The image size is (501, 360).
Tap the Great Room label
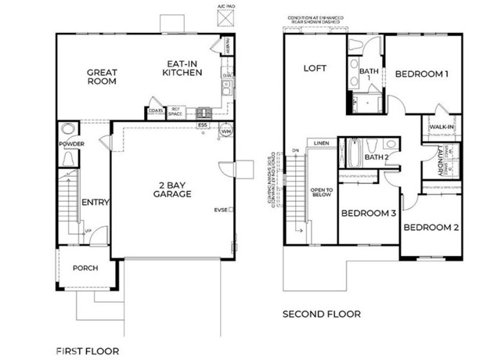pyautogui.click(x=101, y=76)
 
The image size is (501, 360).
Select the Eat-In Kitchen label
pyautogui.click(x=182, y=68)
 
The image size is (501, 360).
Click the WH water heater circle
pyautogui.click(x=226, y=131)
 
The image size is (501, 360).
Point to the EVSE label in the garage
pyautogui.click(x=221, y=210)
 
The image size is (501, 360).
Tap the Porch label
pyautogui.click(x=85, y=268)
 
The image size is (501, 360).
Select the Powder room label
pyautogui.click(x=70, y=144)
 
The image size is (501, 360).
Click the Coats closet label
pyautogui.click(x=156, y=111)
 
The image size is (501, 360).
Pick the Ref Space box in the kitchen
pyautogui.click(x=177, y=112)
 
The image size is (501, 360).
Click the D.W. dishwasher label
pyautogui.click(x=225, y=75)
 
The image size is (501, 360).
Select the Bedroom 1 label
pyautogui.click(x=421, y=74)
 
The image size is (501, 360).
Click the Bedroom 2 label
pyautogui.click(x=431, y=228)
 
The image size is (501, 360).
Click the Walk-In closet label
pyautogui.click(x=438, y=127)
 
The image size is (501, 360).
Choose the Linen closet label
pyautogui.click(x=320, y=144)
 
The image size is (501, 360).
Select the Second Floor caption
pyautogui.click(x=322, y=314)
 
